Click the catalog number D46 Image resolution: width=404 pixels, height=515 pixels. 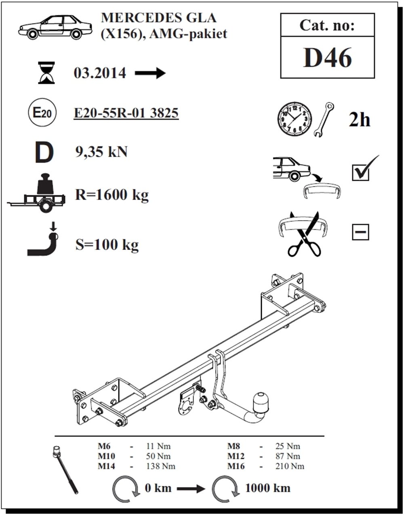tap(327, 58)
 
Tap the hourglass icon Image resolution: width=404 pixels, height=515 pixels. tap(46, 73)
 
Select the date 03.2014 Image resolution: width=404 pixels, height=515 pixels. tap(100, 73)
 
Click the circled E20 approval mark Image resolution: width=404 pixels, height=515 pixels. tap(43, 112)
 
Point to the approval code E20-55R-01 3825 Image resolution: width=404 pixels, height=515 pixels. tap(126, 113)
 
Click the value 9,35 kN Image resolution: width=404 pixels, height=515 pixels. tap(101, 152)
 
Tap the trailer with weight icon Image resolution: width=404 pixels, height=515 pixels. tap(36, 193)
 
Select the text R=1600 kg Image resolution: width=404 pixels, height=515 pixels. tap(112, 195)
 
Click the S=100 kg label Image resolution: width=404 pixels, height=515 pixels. tap(107, 245)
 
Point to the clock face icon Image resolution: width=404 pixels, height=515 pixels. tap(295, 119)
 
